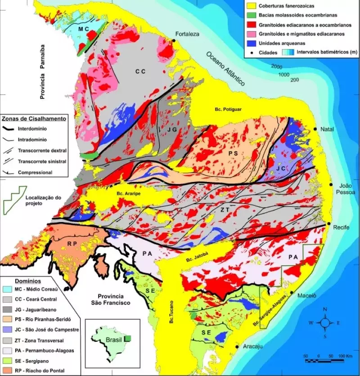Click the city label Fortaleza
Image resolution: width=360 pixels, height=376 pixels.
point(188,34)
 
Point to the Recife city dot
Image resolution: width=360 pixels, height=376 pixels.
point(329,224)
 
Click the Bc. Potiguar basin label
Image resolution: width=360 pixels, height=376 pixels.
point(228,109)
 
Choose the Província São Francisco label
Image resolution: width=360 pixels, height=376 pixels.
point(112,299)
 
